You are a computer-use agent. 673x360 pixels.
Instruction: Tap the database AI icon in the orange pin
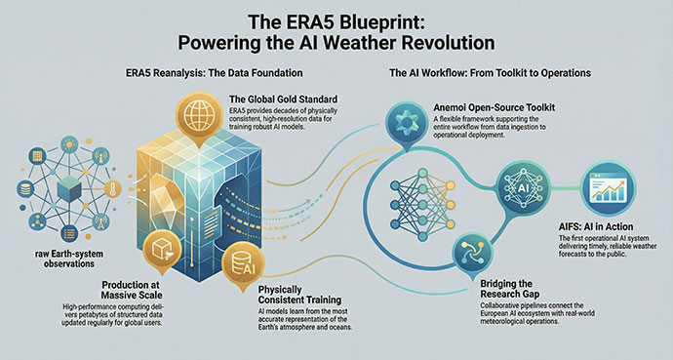coord(240,260)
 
